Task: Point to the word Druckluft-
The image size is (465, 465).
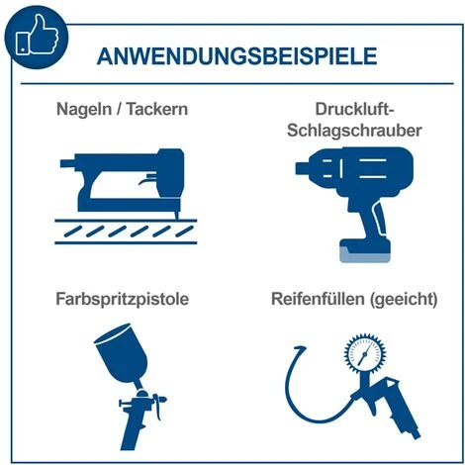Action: click(347, 106)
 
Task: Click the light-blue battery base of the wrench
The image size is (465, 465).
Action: click(366, 254)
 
